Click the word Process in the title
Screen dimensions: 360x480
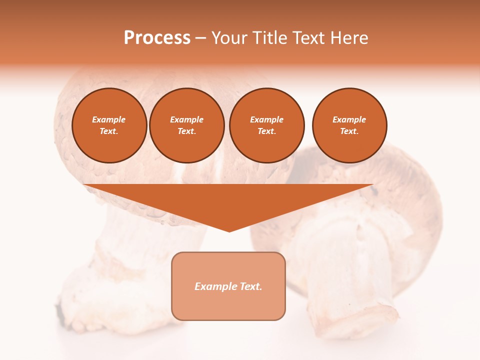coord(157,38)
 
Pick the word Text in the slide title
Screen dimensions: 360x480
coord(309,38)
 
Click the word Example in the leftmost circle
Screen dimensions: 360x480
coord(109,119)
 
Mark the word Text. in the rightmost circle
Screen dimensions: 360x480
coord(349,131)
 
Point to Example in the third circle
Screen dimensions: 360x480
coord(266,119)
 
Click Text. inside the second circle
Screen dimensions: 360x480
coord(187,131)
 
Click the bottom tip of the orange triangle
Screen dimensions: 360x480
coord(229,230)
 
